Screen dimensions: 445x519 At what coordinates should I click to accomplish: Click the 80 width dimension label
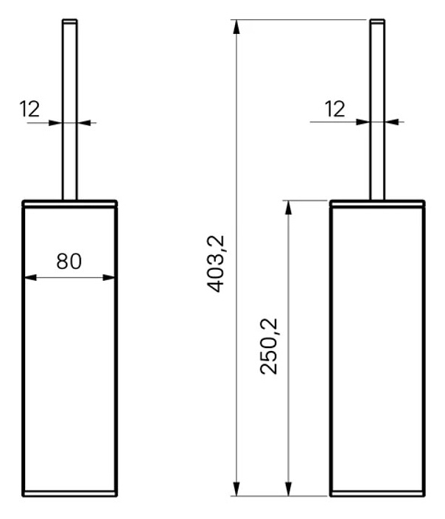coord(69,261)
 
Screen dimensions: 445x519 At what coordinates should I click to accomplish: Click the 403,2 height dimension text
coord(215,264)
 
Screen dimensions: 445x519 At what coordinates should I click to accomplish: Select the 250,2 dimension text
coord(269,346)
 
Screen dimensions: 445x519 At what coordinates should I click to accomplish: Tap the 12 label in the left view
coord(29,109)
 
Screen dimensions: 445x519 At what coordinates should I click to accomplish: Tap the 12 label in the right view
coord(334,109)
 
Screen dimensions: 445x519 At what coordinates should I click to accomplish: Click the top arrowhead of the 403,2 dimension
coord(236,27)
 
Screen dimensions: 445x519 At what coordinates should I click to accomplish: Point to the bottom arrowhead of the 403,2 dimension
coord(236,489)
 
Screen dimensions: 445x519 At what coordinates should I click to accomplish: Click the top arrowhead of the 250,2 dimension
coord(289,208)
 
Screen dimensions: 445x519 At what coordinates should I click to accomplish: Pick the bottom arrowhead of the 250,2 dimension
coord(289,489)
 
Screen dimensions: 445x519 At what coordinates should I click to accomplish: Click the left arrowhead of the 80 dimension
coord(30,277)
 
